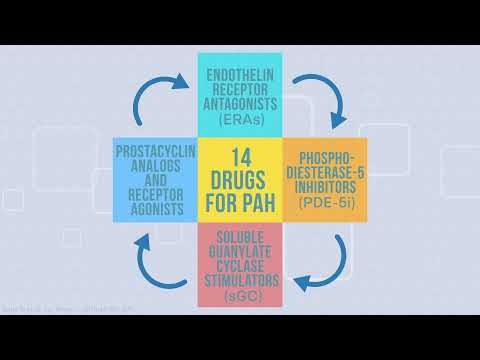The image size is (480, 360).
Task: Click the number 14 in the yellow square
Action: (x=240, y=158)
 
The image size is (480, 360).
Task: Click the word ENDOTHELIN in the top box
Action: (x=240, y=74)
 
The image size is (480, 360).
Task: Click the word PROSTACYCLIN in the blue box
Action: (x=155, y=151)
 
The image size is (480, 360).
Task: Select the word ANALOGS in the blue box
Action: (x=156, y=166)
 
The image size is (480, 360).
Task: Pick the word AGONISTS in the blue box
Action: (x=156, y=211)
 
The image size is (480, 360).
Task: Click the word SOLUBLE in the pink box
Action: (x=240, y=236)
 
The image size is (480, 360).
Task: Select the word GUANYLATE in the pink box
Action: (x=240, y=251)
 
